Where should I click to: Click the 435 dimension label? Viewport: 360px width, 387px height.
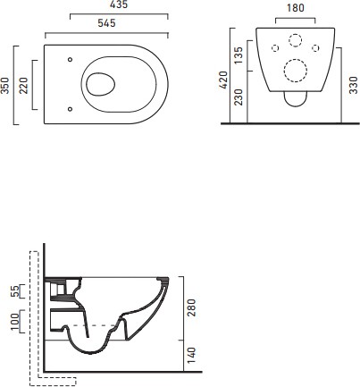click(119, 4)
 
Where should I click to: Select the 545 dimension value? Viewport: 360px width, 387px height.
click(106, 23)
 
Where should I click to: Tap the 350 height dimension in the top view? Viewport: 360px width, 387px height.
click(5, 86)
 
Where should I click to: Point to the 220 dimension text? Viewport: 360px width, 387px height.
click(23, 86)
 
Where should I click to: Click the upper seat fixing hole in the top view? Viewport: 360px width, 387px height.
click(70, 60)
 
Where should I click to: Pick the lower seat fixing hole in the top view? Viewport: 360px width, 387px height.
click(70, 109)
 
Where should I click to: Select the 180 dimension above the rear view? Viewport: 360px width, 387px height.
click(296, 8)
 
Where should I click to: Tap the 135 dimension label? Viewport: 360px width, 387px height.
click(239, 55)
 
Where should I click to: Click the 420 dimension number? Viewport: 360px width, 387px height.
click(223, 80)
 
